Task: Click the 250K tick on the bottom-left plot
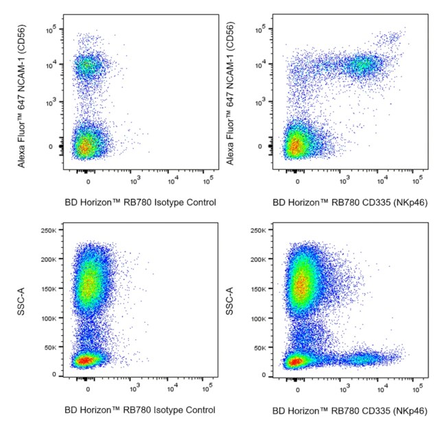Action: coord(47,230)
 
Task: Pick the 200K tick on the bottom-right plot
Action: coord(257,259)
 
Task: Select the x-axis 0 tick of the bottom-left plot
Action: coord(88,389)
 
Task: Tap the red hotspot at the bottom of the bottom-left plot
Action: coord(84,360)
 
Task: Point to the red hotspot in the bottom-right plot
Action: coord(295,361)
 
